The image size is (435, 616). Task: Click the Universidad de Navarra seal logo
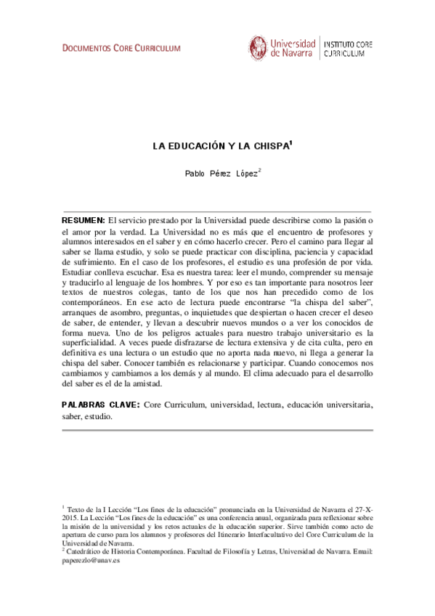[x=258, y=48]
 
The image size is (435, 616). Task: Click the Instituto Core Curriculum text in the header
[x=348, y=49]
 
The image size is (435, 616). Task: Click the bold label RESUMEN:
[x=83, y=219]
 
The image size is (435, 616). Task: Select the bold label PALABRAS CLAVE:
[x=101, y=402]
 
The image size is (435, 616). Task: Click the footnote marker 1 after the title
[x=290, y=142]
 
